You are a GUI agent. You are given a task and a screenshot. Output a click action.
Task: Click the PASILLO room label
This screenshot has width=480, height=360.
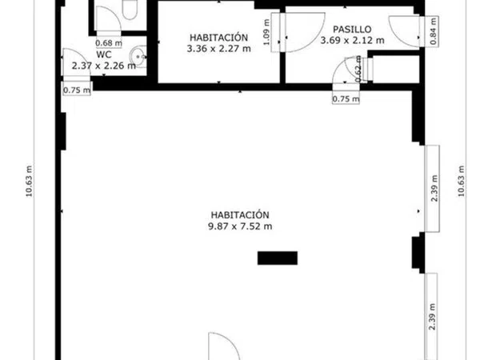352,30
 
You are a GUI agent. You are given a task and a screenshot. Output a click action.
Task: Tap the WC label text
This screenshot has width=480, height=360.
104,54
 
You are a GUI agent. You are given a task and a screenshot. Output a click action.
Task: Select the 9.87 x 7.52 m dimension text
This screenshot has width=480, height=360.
240,226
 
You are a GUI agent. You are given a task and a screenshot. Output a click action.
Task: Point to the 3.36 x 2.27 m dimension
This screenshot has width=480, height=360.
219,48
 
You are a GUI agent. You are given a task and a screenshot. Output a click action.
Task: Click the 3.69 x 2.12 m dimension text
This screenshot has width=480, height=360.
352,40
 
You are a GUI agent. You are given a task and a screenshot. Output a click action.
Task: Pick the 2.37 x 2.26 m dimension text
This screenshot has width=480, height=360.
104,66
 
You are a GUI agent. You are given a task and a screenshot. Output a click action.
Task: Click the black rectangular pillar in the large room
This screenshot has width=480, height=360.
278,258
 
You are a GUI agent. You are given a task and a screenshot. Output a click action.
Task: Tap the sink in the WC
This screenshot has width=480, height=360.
138,57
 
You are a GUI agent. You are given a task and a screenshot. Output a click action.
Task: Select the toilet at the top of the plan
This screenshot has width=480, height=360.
130,10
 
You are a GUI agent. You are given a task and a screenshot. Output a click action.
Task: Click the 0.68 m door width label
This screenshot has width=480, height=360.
109,43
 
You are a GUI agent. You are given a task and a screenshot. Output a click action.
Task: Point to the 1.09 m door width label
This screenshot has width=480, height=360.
266,32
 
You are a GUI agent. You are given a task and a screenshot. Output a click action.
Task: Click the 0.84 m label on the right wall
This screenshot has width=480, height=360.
433,31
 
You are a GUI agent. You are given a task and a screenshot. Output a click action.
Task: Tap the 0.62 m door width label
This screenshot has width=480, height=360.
359,70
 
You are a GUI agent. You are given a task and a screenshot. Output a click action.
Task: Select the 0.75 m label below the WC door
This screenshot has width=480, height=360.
77,90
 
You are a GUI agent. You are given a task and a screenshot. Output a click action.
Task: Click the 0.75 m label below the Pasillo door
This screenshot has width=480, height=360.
346,99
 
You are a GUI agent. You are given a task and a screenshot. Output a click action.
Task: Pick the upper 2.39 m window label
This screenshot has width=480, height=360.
434,188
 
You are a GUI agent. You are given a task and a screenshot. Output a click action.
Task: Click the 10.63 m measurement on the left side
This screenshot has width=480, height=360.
29,182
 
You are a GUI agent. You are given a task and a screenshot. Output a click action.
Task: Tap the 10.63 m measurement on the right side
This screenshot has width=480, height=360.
462,182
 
